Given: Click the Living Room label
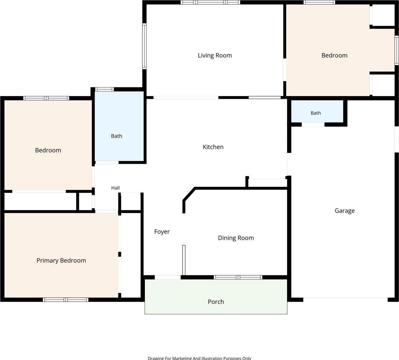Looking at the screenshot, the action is pos(215,55).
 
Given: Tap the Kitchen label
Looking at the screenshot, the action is pos(213,147).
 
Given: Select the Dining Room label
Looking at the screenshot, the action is pos(236,238).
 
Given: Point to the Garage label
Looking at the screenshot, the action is pos(345,210).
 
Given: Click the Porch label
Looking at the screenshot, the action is pos(216,302).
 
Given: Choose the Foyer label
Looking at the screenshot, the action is pos(162,231).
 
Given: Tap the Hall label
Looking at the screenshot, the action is pos(115,188).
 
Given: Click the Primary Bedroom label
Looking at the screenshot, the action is pos(61,261).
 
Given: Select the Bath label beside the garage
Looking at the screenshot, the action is pos(316,113).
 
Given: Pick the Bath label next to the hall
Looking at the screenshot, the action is pos(117,136).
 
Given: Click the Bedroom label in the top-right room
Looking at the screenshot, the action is pos(335,55).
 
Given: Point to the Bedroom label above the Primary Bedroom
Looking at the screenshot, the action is pos(48,150).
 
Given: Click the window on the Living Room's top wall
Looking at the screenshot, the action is pos(210,2).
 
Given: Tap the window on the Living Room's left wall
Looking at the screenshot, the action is pos(144,46).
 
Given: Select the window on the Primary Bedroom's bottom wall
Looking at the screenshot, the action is pos(66,300).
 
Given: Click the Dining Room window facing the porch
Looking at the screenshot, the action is pos(238,277).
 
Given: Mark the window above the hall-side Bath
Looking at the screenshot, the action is pos(104,89).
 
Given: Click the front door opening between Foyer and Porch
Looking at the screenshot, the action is pos(168,277).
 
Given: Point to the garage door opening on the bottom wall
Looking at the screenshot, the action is pos(345,299).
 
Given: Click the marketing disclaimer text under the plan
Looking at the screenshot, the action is pos(199,358).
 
